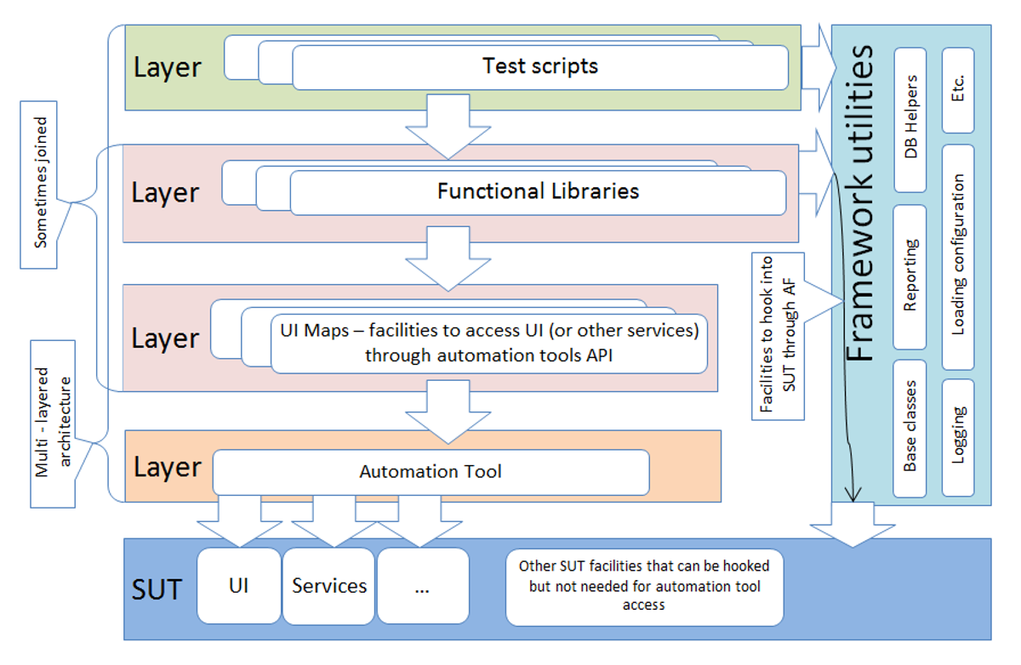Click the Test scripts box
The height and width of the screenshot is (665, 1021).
point(540,67)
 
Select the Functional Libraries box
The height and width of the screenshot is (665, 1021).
point(538,192)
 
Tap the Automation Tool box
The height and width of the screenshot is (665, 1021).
point(431,472)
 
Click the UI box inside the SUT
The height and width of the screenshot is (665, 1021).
point(239,586)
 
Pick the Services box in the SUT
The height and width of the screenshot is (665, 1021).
point(328,586)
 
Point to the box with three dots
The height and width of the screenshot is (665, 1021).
point(423,586)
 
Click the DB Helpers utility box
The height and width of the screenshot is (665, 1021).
point(911,120)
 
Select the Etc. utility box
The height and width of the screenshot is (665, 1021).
point(958,90)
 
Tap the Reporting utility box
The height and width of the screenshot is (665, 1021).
point(910,276)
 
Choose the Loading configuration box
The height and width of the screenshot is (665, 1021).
point(958,255)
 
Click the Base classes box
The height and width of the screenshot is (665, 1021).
point(910,428)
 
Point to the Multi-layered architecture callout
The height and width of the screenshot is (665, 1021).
point(52,423)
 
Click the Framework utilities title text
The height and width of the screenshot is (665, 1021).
point(861,204)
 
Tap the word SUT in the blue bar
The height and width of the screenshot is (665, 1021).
point(157,588)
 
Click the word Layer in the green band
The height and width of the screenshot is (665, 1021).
point(167,68)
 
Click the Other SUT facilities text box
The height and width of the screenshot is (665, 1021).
point(644,586)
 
